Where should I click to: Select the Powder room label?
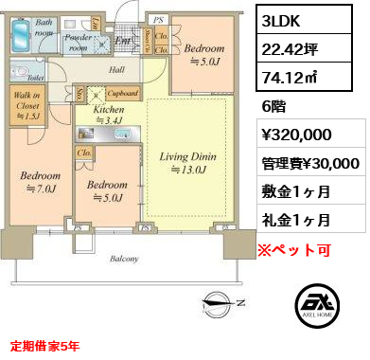79,42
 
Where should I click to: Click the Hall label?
116,69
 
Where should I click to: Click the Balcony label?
123,259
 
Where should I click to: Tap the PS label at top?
158,18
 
